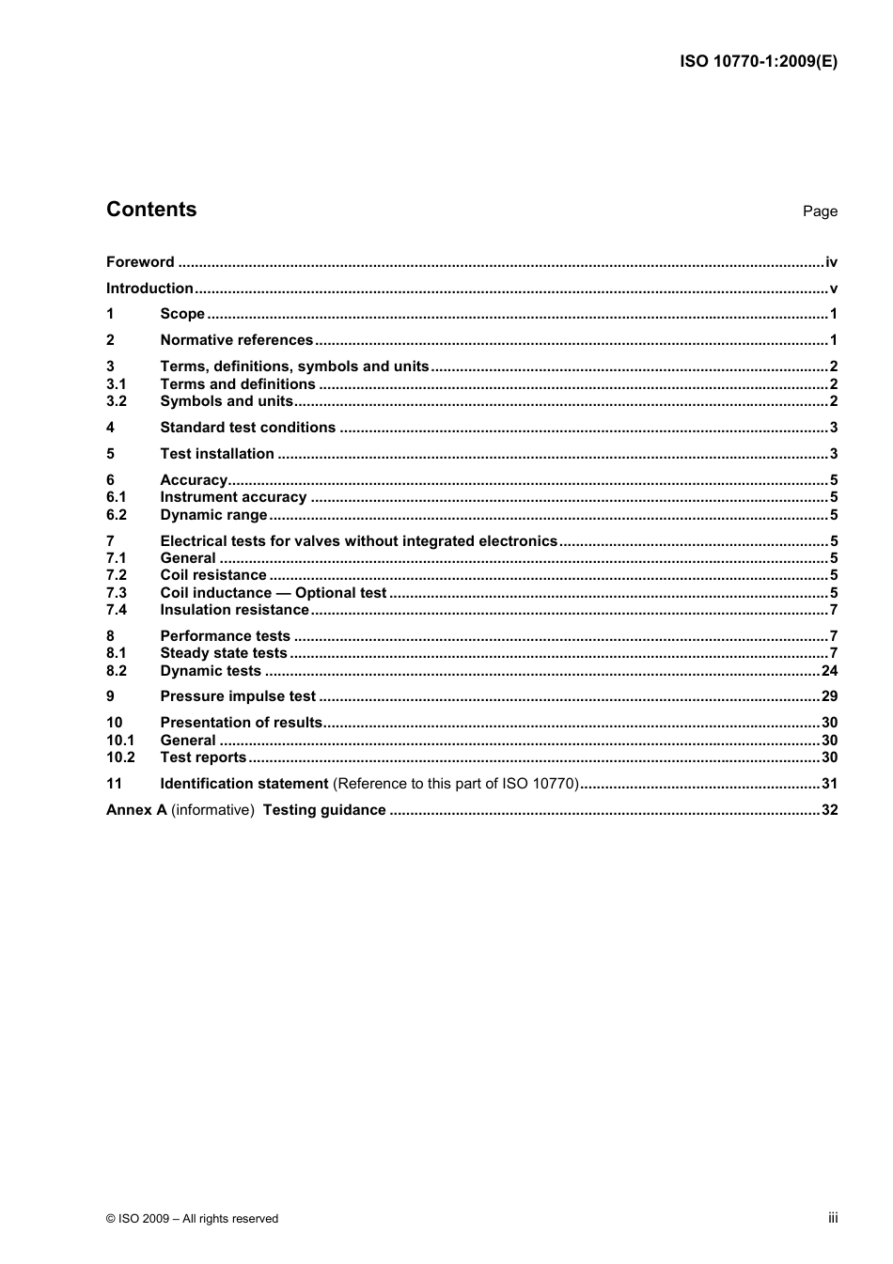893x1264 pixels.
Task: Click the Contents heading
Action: [x=151, y=210]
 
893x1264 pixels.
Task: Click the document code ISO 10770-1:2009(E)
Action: [x=758, y=62]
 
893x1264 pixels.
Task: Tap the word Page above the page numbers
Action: [x=820, y=211]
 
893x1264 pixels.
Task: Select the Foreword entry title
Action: [x=140, y=262]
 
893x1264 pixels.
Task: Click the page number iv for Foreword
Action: [x=831, y=262]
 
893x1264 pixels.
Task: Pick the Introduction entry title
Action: [x=149, y=289]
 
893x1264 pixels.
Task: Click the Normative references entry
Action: [x=236, y=340]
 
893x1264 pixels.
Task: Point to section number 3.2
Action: [x=117, y=401]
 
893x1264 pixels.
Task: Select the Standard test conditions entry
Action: [x=247, y=428]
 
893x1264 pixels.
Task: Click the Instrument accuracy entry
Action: [x=233, y=497]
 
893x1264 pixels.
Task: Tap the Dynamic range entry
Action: [x=213, y=515]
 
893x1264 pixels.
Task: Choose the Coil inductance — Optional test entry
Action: [x=273, y=593]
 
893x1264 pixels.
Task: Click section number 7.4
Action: [x=117, y=610]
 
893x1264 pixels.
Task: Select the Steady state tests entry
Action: [x=223, y=653]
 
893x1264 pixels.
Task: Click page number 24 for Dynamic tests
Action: [x=829, y=671]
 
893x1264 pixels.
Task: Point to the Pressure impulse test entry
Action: [x=238, y=696]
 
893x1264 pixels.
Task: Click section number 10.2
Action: [x=120, y=757]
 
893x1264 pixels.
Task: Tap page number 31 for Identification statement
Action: [x=829, y=784]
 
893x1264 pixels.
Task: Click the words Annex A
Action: [x=136, y=810]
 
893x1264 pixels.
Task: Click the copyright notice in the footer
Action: [x=193, y=1219]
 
